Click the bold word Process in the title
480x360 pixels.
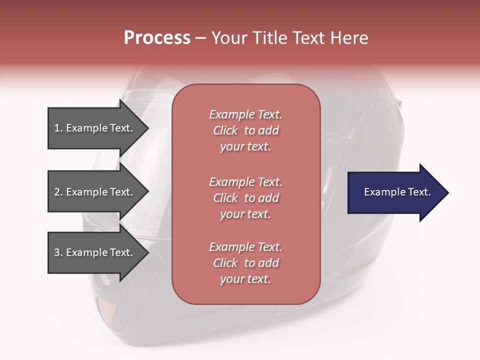157,38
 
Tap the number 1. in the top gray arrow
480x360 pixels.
58,128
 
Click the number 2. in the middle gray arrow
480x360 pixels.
58,192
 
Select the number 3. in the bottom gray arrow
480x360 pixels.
58,252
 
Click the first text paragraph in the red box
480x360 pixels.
245,130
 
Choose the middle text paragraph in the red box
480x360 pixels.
245,198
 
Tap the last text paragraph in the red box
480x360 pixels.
245,263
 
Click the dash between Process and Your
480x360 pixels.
200,38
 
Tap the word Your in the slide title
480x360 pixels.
229,38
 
